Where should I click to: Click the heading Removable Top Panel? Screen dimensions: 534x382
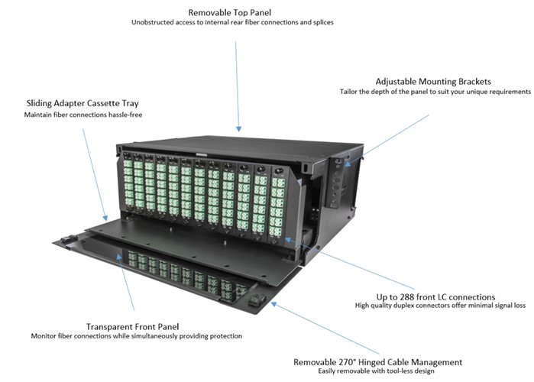(229, 13)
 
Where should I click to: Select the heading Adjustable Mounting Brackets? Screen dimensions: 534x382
(433, 82)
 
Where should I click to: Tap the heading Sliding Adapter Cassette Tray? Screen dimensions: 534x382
(83, 103)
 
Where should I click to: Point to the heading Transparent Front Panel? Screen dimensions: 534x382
(132, 327)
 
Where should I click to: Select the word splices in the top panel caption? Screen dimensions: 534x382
(323, 23)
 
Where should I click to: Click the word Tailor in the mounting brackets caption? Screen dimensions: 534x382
(348, 92)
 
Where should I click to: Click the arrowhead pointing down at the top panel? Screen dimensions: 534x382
(238, 128)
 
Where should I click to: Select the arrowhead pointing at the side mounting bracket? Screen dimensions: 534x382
(348, 163)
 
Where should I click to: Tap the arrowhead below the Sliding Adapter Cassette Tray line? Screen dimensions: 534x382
(105, 218)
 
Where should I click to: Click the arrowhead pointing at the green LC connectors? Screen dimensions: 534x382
(288, 240)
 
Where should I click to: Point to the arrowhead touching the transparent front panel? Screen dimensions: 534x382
(119, 257)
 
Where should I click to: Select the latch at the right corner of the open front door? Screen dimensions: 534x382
(257, 300)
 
